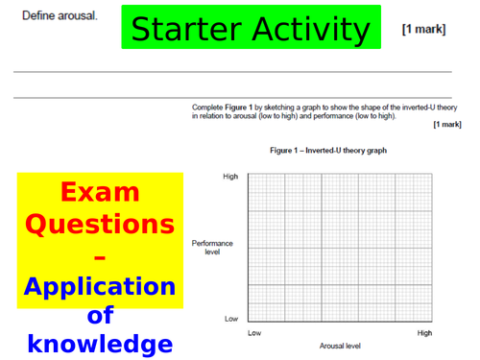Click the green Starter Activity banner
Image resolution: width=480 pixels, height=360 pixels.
(x=251, y=28)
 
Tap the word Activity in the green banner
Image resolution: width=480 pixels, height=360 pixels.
(x=310, y=30)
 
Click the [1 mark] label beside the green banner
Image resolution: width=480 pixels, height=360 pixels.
(x=423, y=30)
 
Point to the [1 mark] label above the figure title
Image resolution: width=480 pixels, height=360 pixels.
(x=447, y=125)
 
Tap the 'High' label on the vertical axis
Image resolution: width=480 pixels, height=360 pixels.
(x=230, y=177)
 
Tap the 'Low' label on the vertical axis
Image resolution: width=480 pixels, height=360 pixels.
(x=231, y=318)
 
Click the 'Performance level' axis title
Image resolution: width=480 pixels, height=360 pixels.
(x=212, y=248)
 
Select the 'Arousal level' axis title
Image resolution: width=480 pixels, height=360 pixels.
(x=340, y=345)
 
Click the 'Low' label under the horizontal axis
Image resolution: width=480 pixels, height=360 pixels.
(x=254, y=332)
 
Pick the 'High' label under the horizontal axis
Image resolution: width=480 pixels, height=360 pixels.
(x=424, y=332)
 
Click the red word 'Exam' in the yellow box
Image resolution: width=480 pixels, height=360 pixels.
(x=100, y=192)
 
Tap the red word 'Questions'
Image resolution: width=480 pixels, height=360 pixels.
(x=100, y=225)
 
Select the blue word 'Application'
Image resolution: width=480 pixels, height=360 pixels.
(x=100, y=286)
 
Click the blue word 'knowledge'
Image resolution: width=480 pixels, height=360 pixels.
(x=100, y=344)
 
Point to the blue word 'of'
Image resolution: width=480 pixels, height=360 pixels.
(x=100, y=316)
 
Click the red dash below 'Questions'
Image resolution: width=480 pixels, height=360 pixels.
(x=100, y=255)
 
